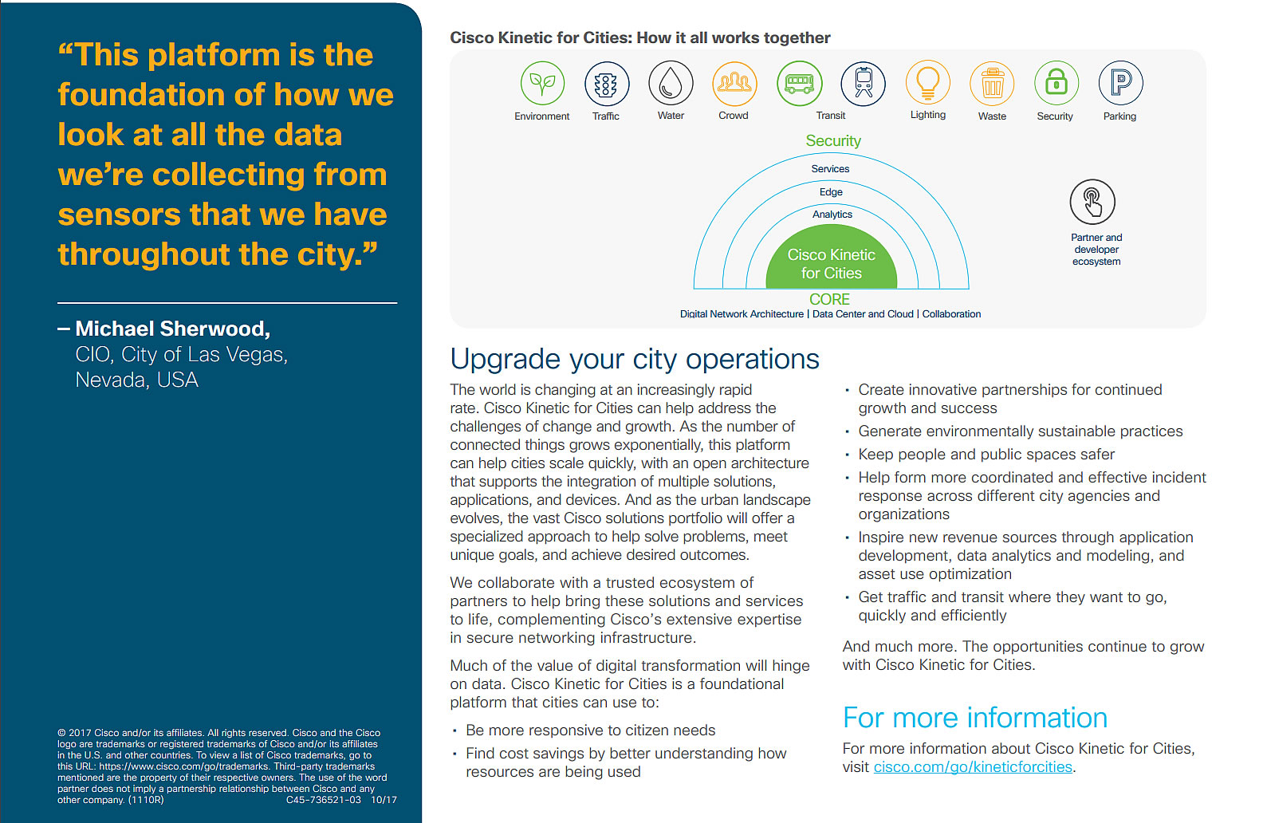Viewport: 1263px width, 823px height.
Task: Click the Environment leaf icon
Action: coord(542,83)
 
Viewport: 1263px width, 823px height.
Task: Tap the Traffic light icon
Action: coord(606,84)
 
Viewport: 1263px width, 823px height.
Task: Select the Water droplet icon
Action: coord(671,83)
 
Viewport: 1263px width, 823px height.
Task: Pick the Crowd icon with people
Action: coord(734,83)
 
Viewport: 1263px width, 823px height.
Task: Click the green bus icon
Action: coord(799,83)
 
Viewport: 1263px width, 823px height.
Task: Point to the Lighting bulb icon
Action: coord(928,83)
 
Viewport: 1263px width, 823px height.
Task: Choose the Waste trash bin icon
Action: coord(992,84)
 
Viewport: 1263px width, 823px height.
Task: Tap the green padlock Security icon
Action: coord(1056,83)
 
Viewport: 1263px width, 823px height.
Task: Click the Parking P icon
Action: coord(1120,83)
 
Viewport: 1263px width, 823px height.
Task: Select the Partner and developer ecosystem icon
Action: coord(1092,202)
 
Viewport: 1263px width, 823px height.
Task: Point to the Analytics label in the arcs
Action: coord(832,215)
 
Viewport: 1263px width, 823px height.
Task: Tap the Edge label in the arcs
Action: coord(831,192)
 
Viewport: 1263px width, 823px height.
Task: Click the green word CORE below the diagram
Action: coord(829,299)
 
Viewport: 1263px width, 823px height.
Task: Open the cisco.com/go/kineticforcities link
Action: coord(973,767)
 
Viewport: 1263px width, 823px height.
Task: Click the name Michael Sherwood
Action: coord(173,329)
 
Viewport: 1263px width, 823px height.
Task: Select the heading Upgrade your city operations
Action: coord(634,359)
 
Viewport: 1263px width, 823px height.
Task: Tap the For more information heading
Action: coord(974,718)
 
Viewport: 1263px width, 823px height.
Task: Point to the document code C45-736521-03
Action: coord(323,800)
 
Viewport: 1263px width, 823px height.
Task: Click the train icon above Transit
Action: coord(864,83)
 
